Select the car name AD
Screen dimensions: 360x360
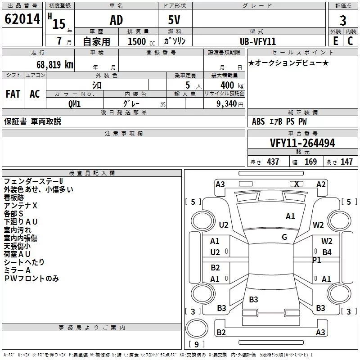pyautogui.click(x=116, y=20)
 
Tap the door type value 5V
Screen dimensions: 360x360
pyautogui.click(x=175, y=20)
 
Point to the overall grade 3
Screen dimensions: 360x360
pyautogui.click(x=343, y=21)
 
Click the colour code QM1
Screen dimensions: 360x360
pyautogui.click(x=74, y=103)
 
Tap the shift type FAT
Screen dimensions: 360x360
pyautogui.click(x=13, y=94)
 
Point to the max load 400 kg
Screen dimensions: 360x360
pyautogui.click(x=230, y=85)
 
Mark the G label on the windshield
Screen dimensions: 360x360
pyautogui.click(x=284, y=237)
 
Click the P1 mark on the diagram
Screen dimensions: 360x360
pyautogui.click(x=317, y=260)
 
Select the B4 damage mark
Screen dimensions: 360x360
pyautogui.click(x=327, y=252)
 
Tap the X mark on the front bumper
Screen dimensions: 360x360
pyautogui.click(x=297, y=184)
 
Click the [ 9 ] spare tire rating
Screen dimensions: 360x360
pyautogui.click(x=196, y=345)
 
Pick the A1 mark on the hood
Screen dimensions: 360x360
pyautogui.click(x=290, y=216)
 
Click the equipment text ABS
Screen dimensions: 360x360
pyautogui.click(x=258, y=121)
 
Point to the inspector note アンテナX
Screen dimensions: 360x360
pyautogui.click(x=21, y=205)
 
